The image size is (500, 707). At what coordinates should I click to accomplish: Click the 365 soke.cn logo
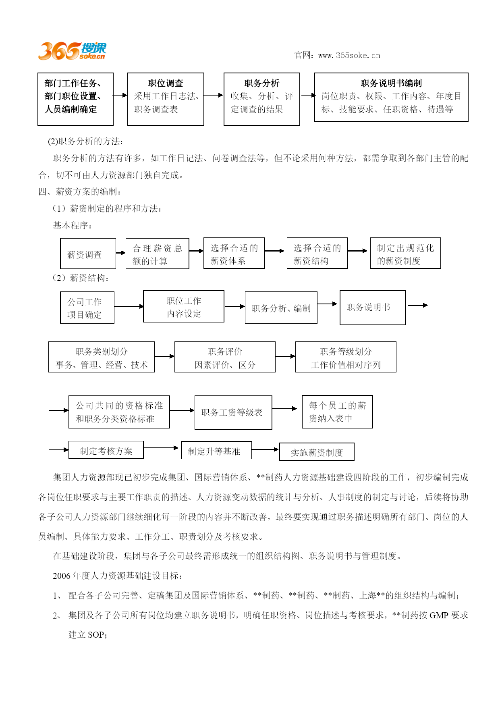tap(72, 51)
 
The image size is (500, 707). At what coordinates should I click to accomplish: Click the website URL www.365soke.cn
tap(349, 55)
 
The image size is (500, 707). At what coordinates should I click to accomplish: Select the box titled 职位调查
tap(166, 99)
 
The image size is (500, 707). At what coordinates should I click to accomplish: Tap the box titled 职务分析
tap(262, 99)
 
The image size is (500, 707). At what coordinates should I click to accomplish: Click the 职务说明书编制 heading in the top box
tap(391, 83)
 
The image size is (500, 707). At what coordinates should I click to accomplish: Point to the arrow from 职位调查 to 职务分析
tap(214, 95)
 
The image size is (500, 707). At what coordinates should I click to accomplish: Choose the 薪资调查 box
tap(88, 254)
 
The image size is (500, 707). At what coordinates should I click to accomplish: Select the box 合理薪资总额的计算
tap(158, 254)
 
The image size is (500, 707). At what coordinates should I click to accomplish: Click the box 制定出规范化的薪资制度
tap(405, 253)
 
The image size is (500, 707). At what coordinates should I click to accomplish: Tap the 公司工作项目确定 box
tap(87, 308)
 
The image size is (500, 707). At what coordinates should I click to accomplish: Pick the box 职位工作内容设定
tap(184, 306)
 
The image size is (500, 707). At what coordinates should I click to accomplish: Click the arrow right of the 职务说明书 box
tap(418, 305)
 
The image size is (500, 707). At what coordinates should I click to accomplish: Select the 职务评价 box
tap(225, 357)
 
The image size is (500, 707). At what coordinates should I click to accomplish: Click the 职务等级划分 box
tap(346, 357)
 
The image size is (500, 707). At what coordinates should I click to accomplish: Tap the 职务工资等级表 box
tap(233, 413)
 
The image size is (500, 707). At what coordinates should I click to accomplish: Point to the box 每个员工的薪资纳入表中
tap(337, 412)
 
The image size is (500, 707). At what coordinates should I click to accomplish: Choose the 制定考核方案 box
tap(106, 450)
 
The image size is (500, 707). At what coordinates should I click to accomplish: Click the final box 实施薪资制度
tap(317, 452)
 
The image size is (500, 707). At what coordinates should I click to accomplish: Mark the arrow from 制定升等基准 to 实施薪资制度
tap(266, 449)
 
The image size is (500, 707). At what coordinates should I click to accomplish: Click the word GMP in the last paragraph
tap(439, 616)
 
